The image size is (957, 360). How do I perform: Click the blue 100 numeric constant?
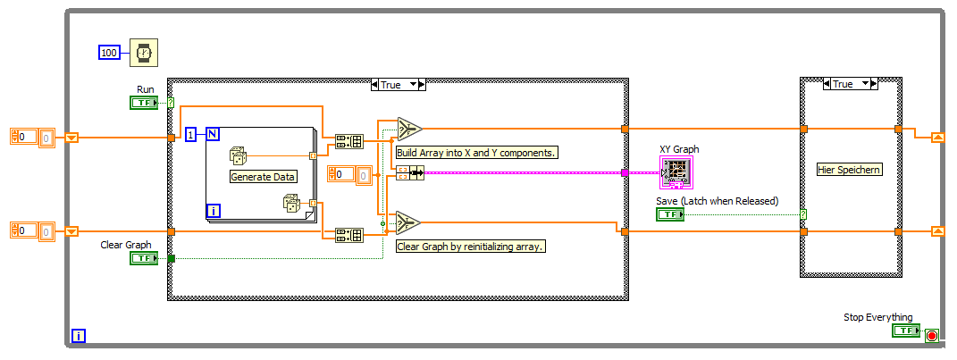click(x=109, y=54)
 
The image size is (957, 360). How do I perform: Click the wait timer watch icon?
click(x=143, y=53)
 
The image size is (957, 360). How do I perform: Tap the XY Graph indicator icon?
click(x=676, y=171)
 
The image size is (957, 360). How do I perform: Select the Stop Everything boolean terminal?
click(x=904, y=331)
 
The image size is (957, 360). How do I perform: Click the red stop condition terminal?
click(x=931, y=335)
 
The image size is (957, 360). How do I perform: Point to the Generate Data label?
click(x=263, y=177)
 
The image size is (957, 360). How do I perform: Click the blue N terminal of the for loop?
click(x=213, y=134)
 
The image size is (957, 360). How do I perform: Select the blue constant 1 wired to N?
click(x=190, y=134)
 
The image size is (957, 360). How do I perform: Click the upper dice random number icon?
click(x=239, y=155)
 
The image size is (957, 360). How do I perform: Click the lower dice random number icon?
click(x=292, y=204)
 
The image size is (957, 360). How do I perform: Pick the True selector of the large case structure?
click(x=397, y=85)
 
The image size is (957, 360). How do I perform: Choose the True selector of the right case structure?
click(x=848, y=84)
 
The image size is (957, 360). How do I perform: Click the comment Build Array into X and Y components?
click(x=476, y=152)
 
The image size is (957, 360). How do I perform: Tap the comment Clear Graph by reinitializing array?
click(x=470, y=246)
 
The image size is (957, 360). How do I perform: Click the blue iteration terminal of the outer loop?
click(x=79, y=336)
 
